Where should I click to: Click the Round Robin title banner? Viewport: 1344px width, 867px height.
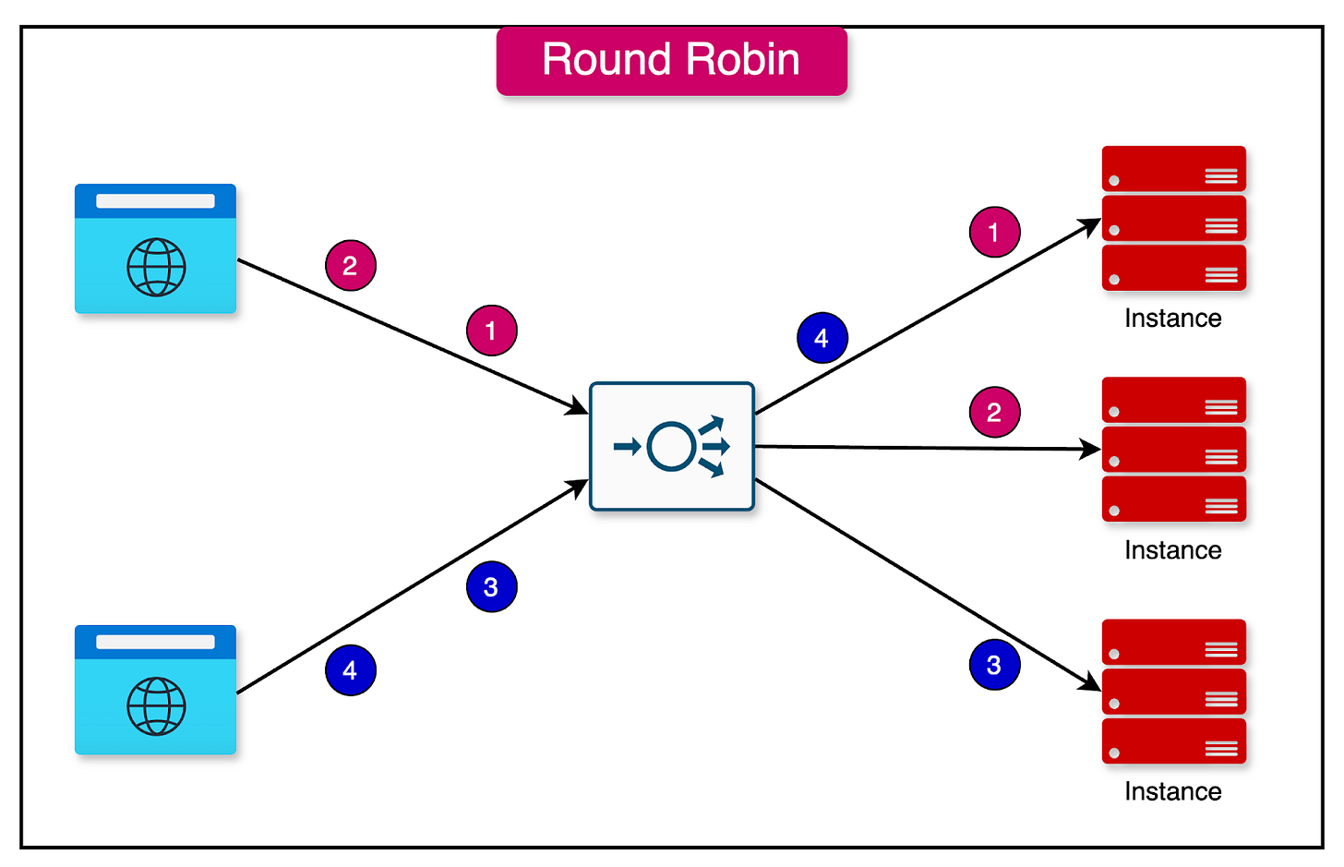[x=671, y=61]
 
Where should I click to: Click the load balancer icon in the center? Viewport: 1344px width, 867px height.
[x=672, y=447]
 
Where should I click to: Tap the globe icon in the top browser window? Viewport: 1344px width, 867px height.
[x=156, y=267]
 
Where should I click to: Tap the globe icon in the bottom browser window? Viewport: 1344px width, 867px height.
[x=156, y=706]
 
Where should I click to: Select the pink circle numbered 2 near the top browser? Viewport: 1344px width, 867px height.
[x=350, y=266]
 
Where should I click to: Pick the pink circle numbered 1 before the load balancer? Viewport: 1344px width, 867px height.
[x=491, y=331]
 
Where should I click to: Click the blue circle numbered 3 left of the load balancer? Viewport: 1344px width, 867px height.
[x=491, y=587]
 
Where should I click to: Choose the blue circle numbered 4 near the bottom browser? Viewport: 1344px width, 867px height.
[x=350, y=670]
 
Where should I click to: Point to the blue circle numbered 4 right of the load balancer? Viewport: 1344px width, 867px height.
[x=822, y=339]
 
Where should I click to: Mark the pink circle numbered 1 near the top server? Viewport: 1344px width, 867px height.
[x=994, y=233]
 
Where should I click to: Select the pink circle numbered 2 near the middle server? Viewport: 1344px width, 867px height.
[x=994, y=413]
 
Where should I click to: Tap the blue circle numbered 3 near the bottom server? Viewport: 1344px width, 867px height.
[x=994, y=665]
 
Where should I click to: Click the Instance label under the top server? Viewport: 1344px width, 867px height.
[x=1172, y=319]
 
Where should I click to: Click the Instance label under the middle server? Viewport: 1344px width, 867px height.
[x=1172, y=550]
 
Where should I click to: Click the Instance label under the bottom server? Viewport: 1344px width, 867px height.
[x=1172, y=791]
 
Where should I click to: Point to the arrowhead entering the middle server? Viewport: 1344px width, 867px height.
[x=1092, y=450]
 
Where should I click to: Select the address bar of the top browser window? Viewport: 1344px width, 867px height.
[x=155, y=201]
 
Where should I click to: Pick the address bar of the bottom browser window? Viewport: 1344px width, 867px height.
[x=155, y=642]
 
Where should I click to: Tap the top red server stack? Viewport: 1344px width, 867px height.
[x=1173, y=218]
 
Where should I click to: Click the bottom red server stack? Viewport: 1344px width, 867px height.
[x=1173, y=692]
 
